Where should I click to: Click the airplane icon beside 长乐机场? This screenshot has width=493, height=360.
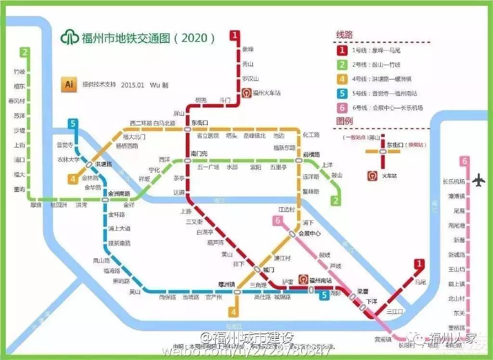[x=479, y=181]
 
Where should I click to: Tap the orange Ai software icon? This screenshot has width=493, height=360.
[x=69, y=84]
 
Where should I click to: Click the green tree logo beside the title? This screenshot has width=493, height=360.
[x=70, y=38]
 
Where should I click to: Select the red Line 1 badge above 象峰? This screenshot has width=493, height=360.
[x=234, y=35]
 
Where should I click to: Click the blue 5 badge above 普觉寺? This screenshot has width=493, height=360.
[x=73, y=124]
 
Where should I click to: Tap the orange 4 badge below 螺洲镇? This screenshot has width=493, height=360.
[x=234, y=312]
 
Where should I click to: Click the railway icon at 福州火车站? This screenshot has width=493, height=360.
[x=246, y=93]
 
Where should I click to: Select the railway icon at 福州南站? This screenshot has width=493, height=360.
[x=303, y=280]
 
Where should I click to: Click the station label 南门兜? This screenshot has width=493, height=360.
[x=199, y=154]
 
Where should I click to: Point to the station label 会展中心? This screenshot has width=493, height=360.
[x=310, y=233]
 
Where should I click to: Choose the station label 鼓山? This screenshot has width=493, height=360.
[x=337, y=175]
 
